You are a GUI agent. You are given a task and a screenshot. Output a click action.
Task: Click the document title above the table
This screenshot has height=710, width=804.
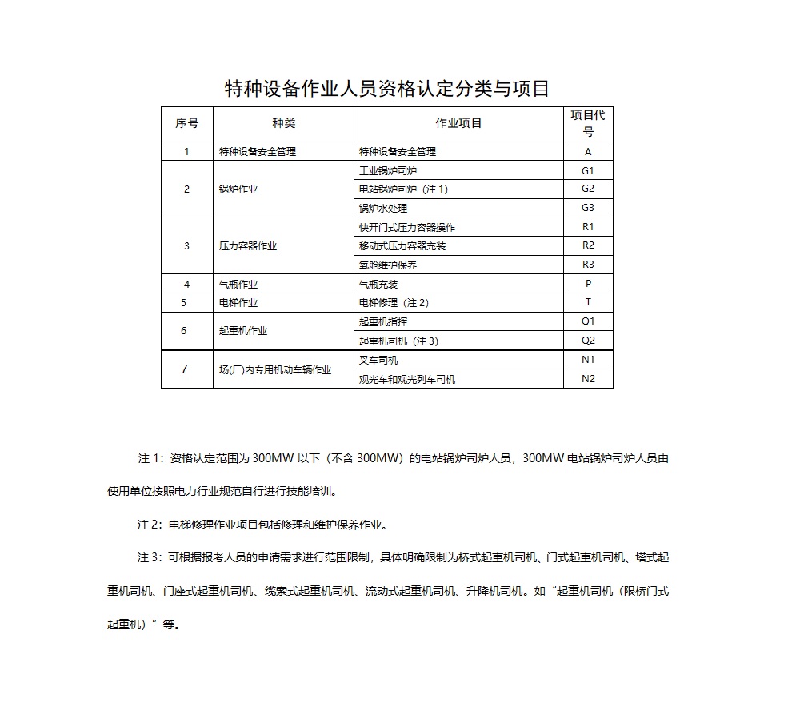click(x=386, y=89)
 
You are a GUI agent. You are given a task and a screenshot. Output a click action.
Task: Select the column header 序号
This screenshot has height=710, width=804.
click(x=187, y=123)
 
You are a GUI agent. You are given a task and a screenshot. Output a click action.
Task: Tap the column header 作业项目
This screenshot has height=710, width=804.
click(x=458, y=123)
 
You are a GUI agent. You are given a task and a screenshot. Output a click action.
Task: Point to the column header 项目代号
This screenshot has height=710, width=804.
click(x=588, y=123)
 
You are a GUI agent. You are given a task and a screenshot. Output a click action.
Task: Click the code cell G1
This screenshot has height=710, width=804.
click(x=588, y=170)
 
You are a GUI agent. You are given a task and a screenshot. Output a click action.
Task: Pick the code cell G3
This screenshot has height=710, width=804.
click(x=588, y=208)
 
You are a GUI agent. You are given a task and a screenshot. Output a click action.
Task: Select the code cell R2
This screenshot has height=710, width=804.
click(x=588, y=245)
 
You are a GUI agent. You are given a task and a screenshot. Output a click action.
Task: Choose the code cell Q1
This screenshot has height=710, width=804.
click(x=588, y=321)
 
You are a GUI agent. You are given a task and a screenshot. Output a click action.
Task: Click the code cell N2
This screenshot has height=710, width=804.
click(x=588, y=379)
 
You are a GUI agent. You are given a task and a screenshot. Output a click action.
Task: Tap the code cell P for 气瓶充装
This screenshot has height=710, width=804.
click(x=588, y=284)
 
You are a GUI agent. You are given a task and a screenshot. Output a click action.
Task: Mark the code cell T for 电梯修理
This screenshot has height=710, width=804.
click(x=588, y=302)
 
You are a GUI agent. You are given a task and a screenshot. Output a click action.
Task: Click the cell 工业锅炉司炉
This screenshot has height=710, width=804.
click(x=388, y=170)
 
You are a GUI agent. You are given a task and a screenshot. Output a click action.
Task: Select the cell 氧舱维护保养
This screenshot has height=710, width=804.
click(x=388, y=265)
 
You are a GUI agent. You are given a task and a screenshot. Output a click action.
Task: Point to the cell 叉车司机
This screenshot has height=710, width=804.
click(x=378, y=360)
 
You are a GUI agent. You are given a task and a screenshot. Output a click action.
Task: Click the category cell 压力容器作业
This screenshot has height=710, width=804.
click(x=248, y=246)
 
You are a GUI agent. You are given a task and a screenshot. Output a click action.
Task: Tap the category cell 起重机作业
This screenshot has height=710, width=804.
click(x=243, y=331)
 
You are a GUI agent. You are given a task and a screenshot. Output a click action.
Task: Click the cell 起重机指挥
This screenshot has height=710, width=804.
click(x=383, y=321)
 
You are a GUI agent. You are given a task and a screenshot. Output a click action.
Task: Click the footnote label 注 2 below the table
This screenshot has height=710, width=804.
click(x=150, y=525)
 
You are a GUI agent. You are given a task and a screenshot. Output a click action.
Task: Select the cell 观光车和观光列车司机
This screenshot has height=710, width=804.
click(x=407, y=379)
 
